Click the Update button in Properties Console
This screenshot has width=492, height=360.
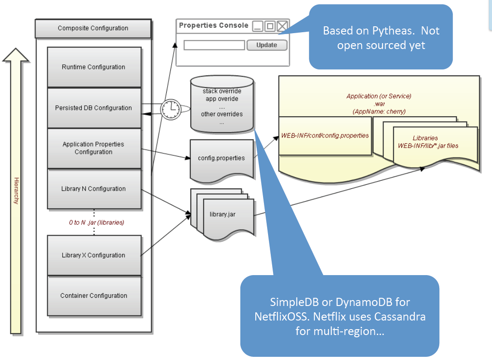267,45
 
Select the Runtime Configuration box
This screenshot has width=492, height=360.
94,67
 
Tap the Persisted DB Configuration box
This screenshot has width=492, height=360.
94,108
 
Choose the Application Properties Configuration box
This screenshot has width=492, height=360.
94,148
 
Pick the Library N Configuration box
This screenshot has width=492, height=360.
94,189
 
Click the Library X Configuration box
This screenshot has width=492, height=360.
94,255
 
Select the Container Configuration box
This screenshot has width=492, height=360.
94,296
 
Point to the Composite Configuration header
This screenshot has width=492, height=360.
93,28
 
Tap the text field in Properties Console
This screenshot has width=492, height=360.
214,45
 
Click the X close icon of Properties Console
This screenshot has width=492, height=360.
283,26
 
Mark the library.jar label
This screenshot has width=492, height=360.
223,214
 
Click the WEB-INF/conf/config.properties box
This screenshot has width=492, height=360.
325,135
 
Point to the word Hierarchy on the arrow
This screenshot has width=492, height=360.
16,191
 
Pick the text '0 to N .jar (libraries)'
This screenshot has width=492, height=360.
96,223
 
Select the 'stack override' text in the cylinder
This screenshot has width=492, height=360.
222,91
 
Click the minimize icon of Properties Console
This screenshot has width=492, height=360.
258,26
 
